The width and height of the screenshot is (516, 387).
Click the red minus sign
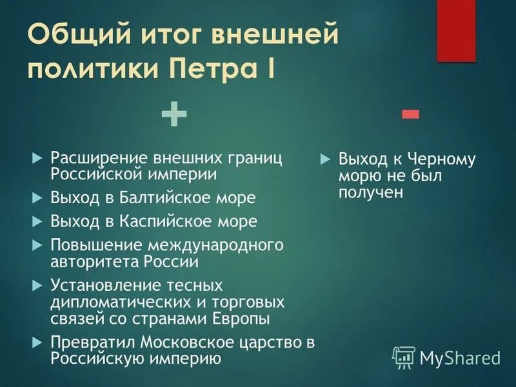410,115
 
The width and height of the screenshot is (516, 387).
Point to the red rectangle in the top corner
456,30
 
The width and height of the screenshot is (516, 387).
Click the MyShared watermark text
460,357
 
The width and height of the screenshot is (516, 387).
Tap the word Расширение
98,157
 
